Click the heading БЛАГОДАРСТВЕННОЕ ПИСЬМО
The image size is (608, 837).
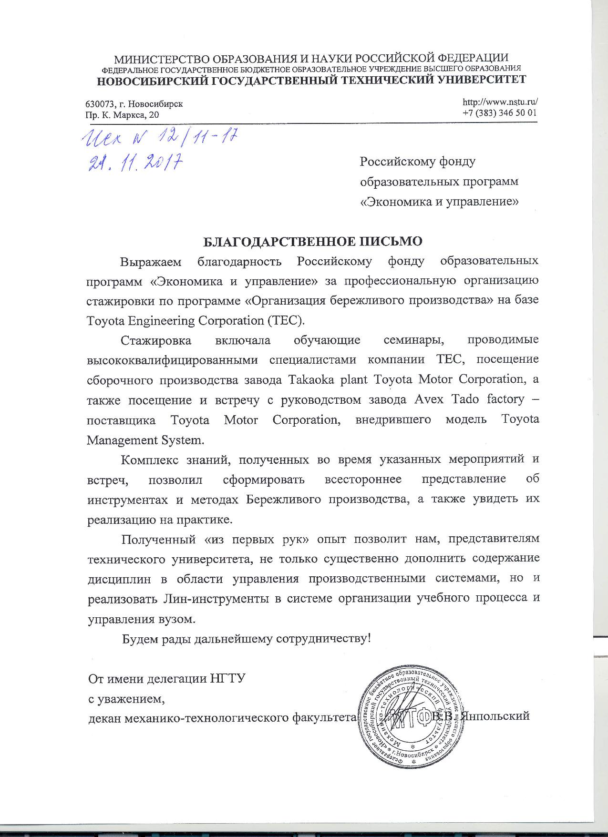coord(313,241)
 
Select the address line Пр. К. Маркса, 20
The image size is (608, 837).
coord(123,115)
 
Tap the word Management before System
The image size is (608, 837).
coord(127,439)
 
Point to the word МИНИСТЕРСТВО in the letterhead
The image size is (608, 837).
coord(161,59)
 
